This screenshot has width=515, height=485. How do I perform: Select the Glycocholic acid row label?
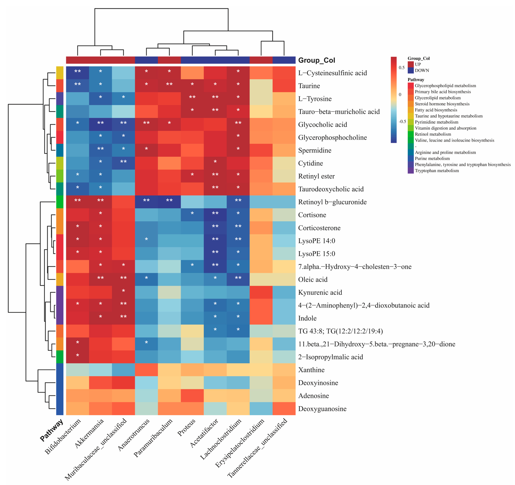coord(323,124)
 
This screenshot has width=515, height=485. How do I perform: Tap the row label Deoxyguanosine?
coord(322,409)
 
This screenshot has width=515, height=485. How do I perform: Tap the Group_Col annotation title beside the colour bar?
coord(317,60)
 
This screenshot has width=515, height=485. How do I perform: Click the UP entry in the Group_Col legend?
coord(418,64)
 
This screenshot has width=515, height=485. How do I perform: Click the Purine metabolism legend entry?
coord(432,158)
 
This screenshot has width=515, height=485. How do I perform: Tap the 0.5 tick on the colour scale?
coord(401,68)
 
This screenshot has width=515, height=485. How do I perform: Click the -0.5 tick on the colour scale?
coord(402,121)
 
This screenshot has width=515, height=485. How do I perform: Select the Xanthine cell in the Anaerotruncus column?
coord(146,370)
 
